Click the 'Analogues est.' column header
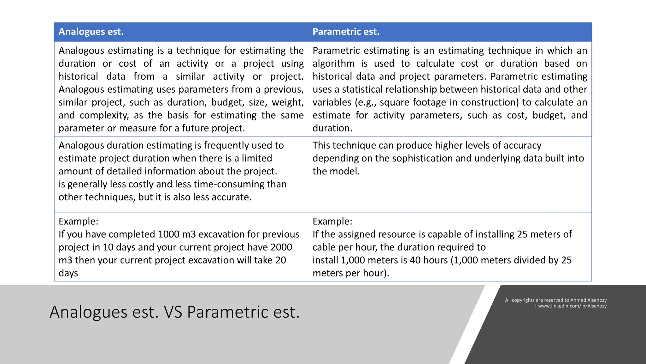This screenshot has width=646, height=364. (x=91, y=32)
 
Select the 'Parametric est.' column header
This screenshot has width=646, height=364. (x=346, y=32)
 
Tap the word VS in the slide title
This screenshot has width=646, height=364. (x=173, y=312)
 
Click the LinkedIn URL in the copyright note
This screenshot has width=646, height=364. (x=572, y=306)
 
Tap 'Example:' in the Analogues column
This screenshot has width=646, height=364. (x=79, y=221)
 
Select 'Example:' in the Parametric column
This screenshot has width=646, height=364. (x=332, y=221)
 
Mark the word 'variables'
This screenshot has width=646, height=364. (x=332, y=102)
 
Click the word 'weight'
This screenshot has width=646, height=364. (x=287, y=102)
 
